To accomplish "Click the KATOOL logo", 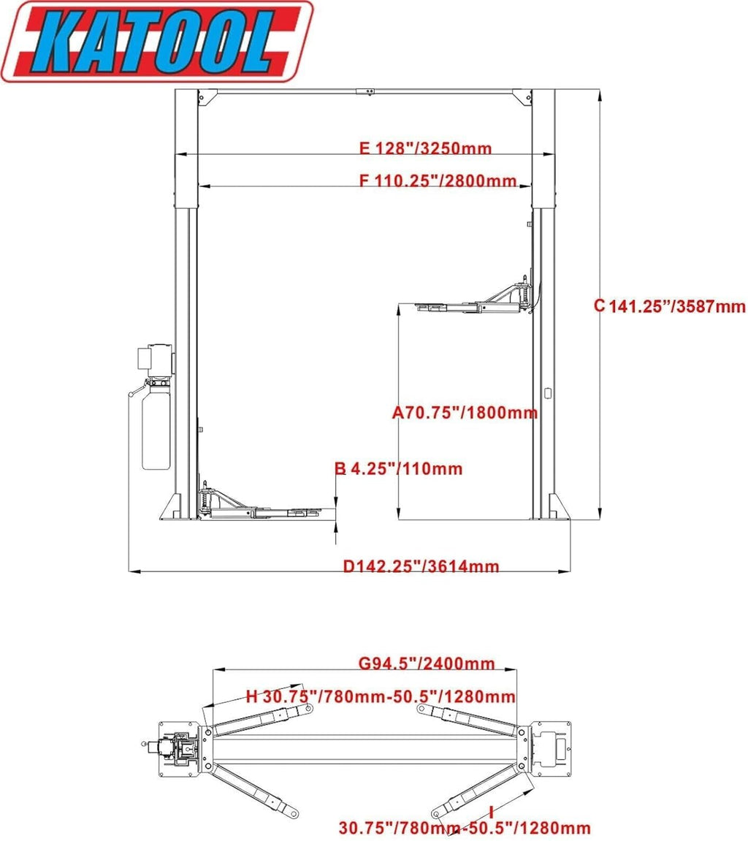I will pyautogui.click(x=157, y=42).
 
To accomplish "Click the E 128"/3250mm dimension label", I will pyautogui.click(x=425, y=149).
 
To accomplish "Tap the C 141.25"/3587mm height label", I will pyautogui.click(x=669, y=306).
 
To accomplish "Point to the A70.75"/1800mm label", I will pyautogui.click(x=465, y=413).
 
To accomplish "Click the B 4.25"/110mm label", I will pyautogui.click(x=399, y=469).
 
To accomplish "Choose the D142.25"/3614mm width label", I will pyautogui.click(x=421, y=566).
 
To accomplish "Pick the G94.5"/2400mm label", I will pyautogui.click(x=427, y=664).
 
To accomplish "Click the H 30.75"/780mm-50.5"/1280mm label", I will pyautogui.click(x=381, y=696).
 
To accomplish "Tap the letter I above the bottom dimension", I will pyautogui.click(x=492, y=812).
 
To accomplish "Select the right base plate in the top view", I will pyautogui.click(x=552, y=748).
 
